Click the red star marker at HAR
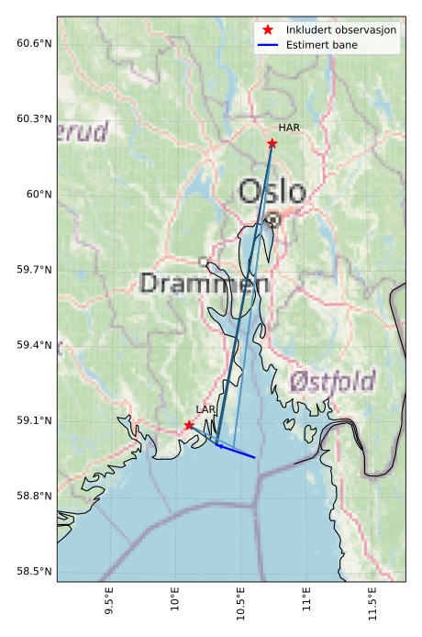point(272,143)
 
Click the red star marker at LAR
point(189,425)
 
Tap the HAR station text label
point(289,128)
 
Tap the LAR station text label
point(205,409)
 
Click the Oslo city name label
point(272,192)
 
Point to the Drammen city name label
point(205,284)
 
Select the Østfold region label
point(332,382)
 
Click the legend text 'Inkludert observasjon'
point(341,30)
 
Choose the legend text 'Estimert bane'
point(322,45)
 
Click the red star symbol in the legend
point(267,30)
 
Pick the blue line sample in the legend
point(267,45)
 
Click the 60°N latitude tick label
point(39,195)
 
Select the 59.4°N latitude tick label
point(34,345)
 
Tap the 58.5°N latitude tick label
point(34,572)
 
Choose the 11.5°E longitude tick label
point(372,606)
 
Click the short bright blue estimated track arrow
point(237,451)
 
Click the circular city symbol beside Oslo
point(273,219)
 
